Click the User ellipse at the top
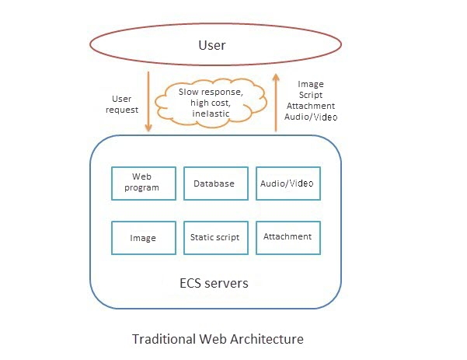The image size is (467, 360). (x=212, y=44)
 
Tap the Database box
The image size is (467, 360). (x=214, y=183)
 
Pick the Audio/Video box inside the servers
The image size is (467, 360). (x=288, y=183)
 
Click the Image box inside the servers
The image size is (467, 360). (x=143, y=237)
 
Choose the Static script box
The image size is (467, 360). (x=214, y=237)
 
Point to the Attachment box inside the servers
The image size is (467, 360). (x=288, y=237)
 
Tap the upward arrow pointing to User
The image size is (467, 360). (x=276, y=101)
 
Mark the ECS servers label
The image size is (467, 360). (x=214, y=283)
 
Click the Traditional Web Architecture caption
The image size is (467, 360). (x=218, y=339)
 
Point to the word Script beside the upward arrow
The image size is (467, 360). (x=311, y=95)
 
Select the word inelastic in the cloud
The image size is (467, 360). (x=206, y=114)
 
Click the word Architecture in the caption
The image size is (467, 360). (x=267, y=339)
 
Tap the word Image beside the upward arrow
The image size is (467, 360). (x=311, y=84)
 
